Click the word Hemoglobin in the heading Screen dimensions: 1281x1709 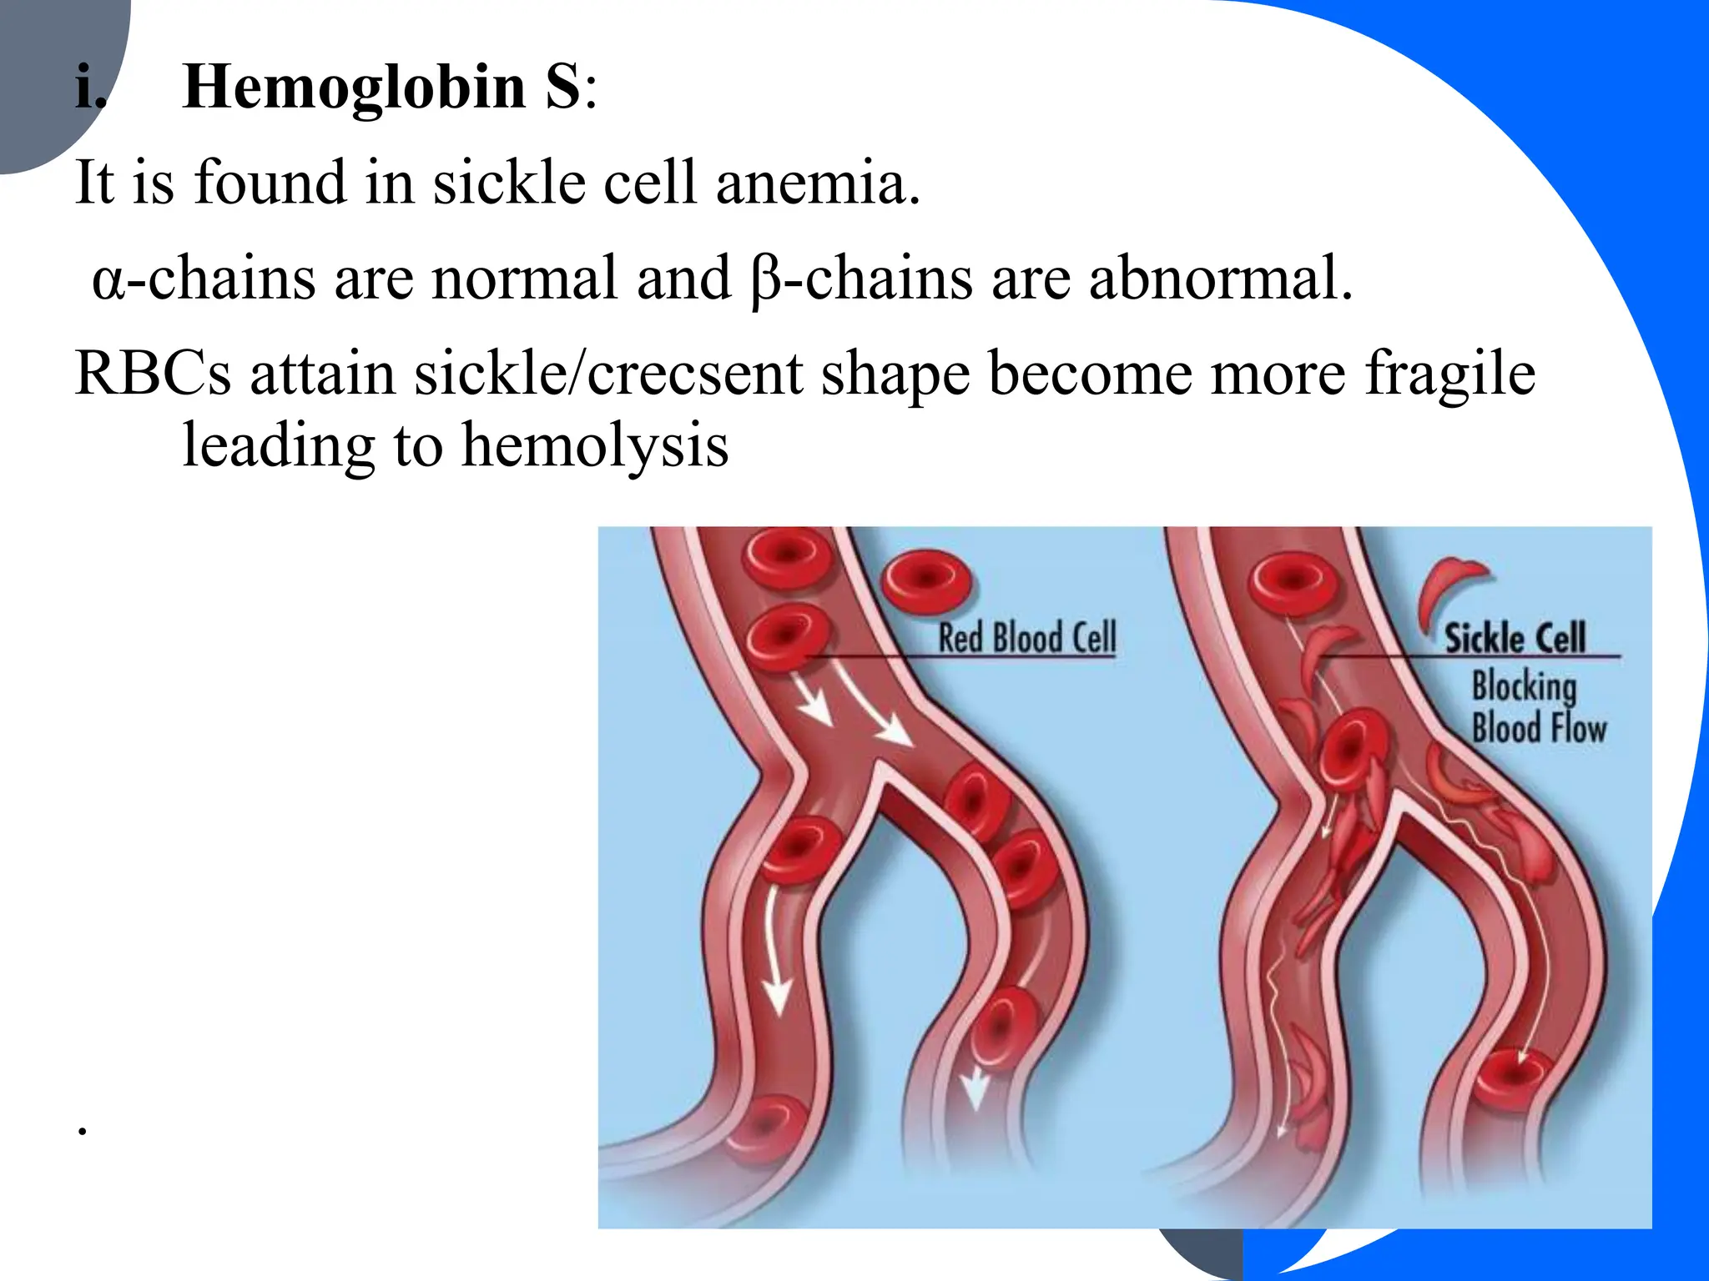coord(354,88)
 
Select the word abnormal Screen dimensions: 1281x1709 coord(1219,279)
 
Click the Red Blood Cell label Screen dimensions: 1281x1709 coord(1026,638)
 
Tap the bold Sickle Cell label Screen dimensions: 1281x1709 coord(1515,639)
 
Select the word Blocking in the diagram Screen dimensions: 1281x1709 coord(1524,686)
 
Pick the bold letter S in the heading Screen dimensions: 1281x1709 coord(562,88)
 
